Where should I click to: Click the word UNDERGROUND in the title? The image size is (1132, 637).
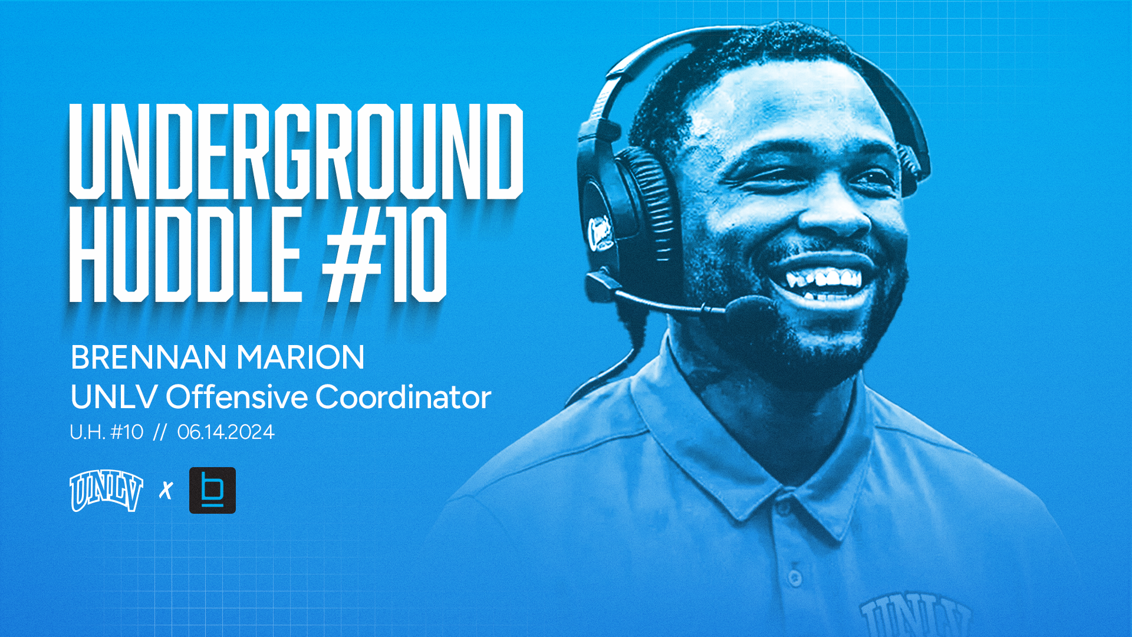[296, 152]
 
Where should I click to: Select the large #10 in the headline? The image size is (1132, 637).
[384, 255]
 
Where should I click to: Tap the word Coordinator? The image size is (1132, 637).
[403, 396]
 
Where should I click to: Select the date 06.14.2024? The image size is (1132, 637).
[226, 432]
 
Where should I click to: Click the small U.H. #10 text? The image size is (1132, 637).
[107, 432]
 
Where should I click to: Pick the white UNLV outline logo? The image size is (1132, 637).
[106, 490]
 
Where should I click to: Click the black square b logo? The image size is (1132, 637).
[212, 490]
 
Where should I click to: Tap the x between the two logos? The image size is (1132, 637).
[166, 490]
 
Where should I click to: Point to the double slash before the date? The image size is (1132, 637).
[160, 432]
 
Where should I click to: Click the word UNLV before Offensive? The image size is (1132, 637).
[114, 396]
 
